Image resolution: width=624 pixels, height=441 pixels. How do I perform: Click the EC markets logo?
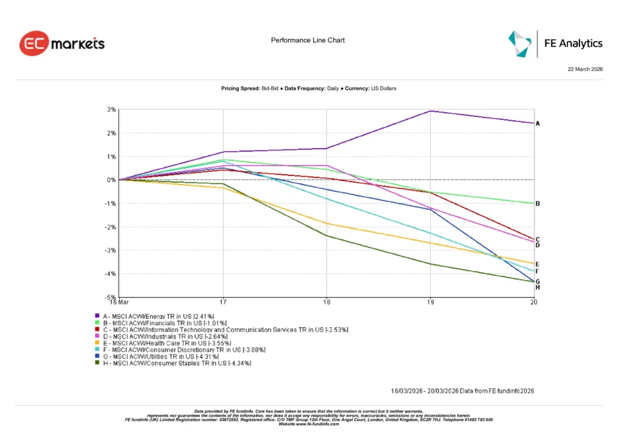tap(62, 44)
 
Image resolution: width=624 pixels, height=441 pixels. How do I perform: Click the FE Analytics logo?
tap(556, 43)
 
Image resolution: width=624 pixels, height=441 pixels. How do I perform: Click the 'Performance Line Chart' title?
tap(308, 40)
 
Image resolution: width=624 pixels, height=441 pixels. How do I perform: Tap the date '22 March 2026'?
tap(585, 70)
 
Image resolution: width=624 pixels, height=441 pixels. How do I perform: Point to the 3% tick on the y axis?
tap(112, 110)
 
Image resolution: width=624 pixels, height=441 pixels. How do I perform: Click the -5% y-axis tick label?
tap(112, 297)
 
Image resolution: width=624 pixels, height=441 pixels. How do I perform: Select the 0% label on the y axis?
tap(112, 180)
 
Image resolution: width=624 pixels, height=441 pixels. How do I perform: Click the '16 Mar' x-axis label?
tap(119, 302)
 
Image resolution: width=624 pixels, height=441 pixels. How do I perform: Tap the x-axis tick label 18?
tap(327, 302)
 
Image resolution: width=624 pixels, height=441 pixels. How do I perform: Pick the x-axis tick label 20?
tap(534, 302)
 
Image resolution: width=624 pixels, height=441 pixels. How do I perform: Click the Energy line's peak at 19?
tap(431, 111)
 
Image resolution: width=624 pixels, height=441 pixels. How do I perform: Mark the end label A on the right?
tap(537, 124)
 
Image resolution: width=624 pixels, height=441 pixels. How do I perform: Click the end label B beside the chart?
tap(537, 203)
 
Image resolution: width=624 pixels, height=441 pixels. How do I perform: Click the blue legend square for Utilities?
tap(96, 356)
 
